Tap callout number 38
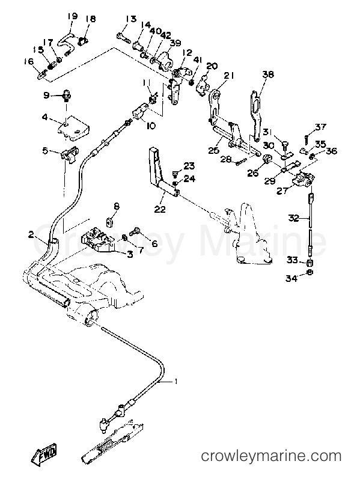click(268, 75)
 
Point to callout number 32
click(293, 219)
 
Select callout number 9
click(46, 95)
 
